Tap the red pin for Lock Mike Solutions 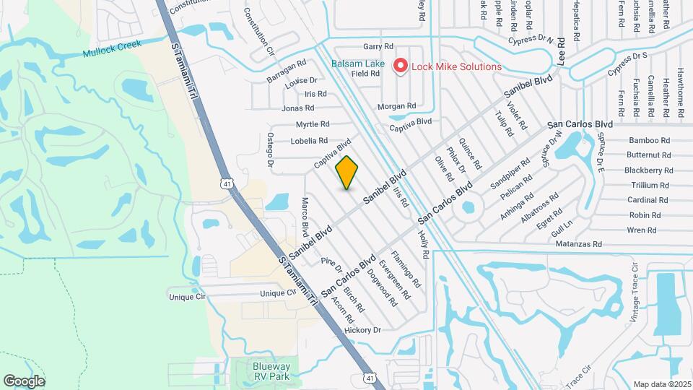400,66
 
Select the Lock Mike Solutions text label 456,66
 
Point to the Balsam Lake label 358,64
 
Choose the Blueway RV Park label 272,371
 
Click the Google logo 24,381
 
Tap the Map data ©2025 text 661,383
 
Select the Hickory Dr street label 362,330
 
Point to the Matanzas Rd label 579,245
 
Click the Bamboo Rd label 649,140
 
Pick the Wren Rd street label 641,230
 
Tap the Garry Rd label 378,46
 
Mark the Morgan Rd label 396,106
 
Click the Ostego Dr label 271,150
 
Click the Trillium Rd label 648,185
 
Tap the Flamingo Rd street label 405,266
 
